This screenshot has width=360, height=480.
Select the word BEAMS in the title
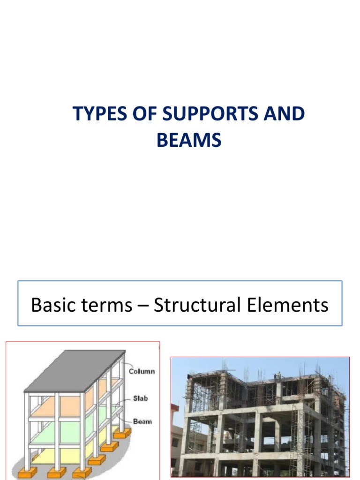(189, 141)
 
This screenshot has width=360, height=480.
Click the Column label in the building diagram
(142, 371)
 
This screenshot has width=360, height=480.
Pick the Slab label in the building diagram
(140, 398)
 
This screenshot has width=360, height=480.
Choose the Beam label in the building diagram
(142, 421)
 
